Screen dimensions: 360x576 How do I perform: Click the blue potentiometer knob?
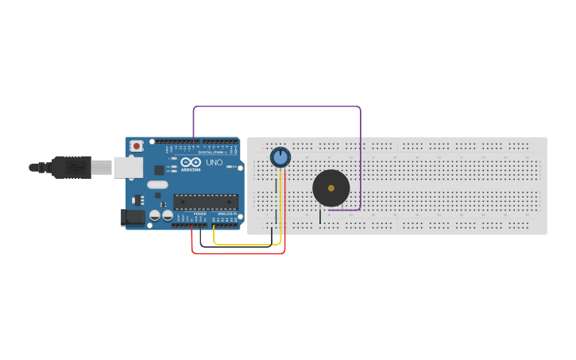click(280, 157)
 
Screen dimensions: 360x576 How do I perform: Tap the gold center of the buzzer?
click(331, 188)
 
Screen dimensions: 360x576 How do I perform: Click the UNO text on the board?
click(214, 162)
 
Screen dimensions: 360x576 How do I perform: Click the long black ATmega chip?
click(206, 202)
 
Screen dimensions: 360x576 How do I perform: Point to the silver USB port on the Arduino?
click(128, 167)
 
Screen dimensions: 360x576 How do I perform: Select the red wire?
click(238, 253)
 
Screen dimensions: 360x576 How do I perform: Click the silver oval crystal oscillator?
click(158, 184)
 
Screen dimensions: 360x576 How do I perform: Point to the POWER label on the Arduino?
click(199, 214)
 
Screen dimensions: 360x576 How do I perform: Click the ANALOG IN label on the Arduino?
click(226, 214)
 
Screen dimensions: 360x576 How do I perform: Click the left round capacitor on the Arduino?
click(154, 215)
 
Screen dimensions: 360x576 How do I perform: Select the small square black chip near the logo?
click(159, 169)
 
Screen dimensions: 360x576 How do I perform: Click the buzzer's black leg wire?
click(320, 216)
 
